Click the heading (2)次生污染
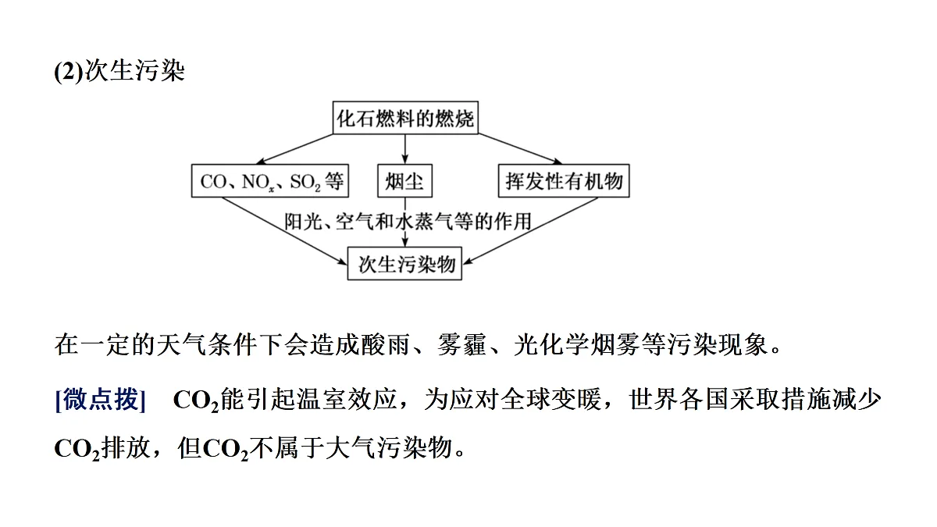click(119, 70)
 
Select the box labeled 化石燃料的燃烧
click(405, 118)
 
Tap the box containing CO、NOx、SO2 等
click(270, 180)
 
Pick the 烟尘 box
click(405, 180)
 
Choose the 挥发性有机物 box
click(564, 180)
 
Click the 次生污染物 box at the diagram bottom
click(405, 264)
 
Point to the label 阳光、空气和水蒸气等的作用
click(408, 221)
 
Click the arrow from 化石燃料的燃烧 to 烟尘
click(405, 149)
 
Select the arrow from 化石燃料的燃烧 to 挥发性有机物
click(520, 149)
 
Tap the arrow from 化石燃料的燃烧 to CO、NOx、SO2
click(294, 149)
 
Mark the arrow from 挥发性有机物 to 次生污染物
click(531, 231)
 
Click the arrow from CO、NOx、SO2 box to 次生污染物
click(284, 231)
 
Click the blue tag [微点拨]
click(100, 399)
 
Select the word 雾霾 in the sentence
click(461, 344)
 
